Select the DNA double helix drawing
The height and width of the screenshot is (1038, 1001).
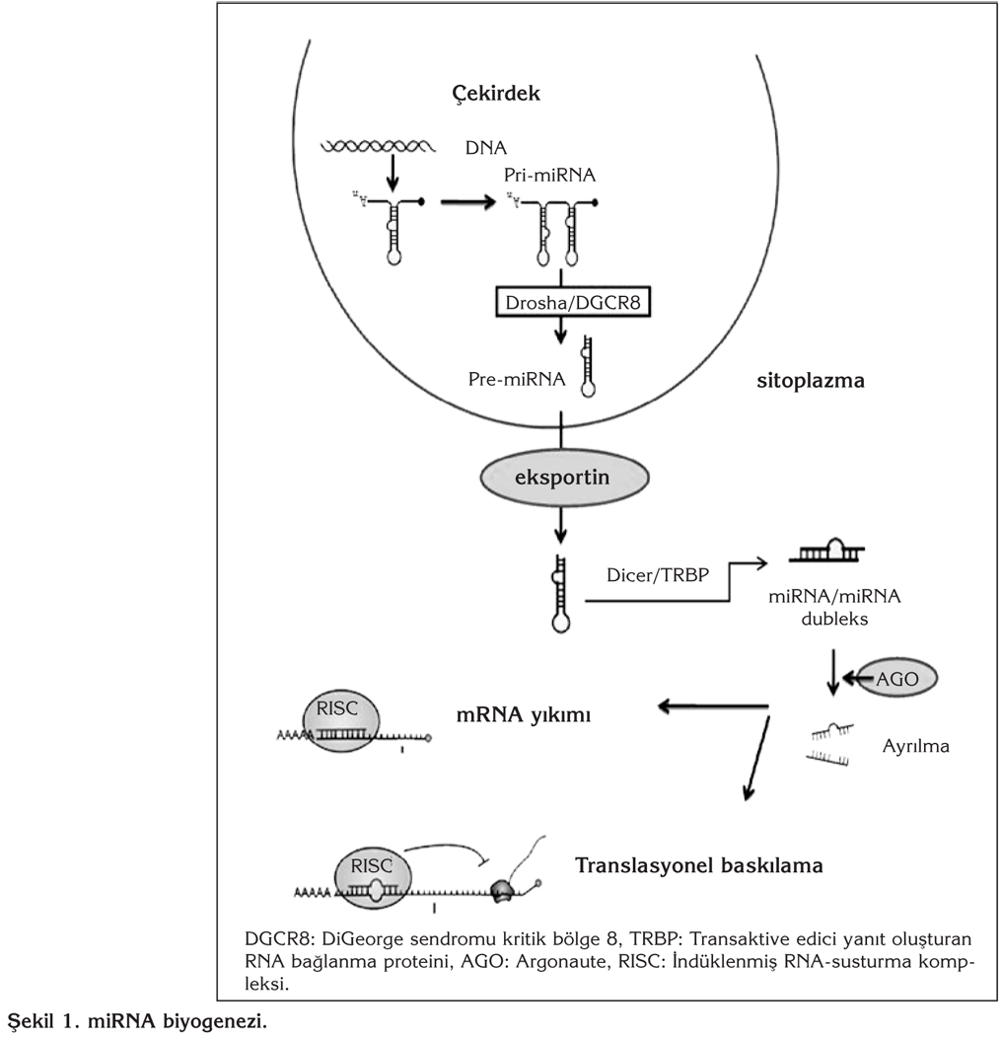(x=379, y=147)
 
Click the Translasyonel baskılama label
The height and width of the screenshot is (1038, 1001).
(x=698, y=866)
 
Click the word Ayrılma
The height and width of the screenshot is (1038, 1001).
(x=916, y=746)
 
